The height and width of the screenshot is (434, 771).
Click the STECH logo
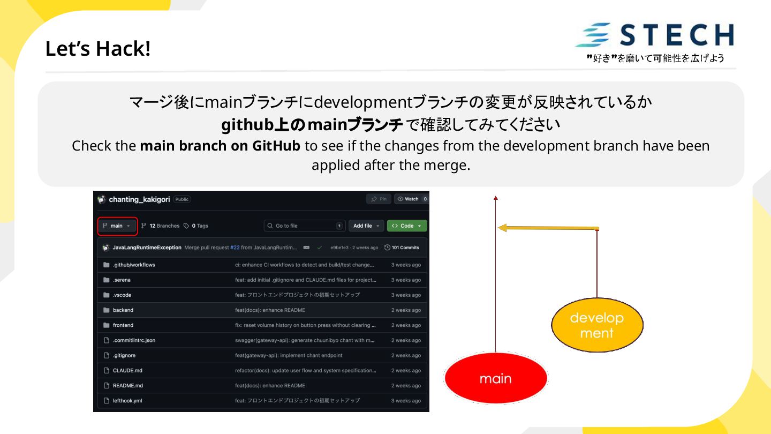[654, 35]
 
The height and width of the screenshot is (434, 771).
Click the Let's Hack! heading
[98, 49]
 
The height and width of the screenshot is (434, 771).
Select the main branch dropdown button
[117, 226]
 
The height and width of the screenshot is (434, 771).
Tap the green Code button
[407, 226]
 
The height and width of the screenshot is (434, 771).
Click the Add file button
[366, 226]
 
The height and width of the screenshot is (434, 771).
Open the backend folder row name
[123, 310]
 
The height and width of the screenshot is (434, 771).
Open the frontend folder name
[123, 325]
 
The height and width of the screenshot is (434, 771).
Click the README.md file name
[127, 386]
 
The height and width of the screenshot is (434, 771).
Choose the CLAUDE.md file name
[127, 371]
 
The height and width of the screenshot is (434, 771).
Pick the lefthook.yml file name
[127, 401]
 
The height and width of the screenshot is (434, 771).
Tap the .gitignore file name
[124, 356]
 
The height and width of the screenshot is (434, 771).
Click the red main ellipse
[496, 378]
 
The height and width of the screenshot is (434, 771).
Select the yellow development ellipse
[597, 325]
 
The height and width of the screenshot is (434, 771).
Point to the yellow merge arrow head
[503, 228]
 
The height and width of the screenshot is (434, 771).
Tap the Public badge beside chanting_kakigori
[182, 200]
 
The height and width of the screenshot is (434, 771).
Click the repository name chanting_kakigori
[139, 200]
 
